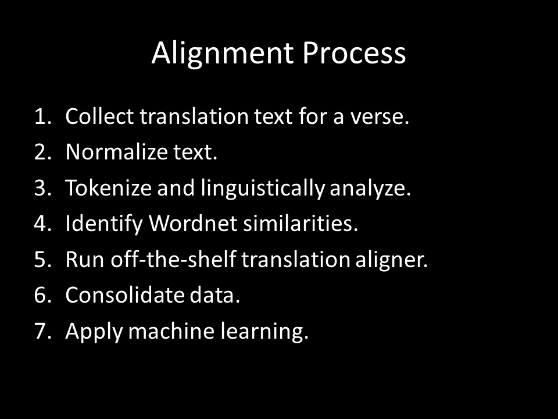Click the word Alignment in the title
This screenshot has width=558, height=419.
tap(223, 54)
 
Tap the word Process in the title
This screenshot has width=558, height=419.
tap(354, 53)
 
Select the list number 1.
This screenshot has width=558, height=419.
tap(42, 116)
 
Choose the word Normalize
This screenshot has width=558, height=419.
tap(117, 152)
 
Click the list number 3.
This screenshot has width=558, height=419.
tap(42, 188)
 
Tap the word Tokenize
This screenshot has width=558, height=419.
tap(109, 188)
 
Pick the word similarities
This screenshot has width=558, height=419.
tap(301, 223)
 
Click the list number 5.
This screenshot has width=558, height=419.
tap(42, 260)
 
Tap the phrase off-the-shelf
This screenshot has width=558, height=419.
tap(173, 259)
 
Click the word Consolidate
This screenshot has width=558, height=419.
tap(124, 295)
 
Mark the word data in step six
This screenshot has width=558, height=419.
tap(215, 295)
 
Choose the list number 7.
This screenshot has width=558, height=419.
tap(42, 331)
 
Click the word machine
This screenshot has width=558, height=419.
tap(171, 331)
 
